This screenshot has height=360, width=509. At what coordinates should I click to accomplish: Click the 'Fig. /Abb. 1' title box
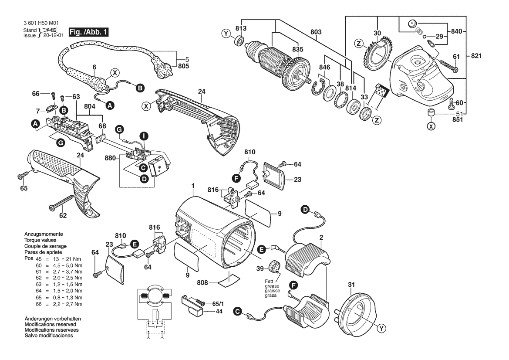click(x=88, y=32)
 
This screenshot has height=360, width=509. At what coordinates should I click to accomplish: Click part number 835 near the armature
click(x=298, y=49)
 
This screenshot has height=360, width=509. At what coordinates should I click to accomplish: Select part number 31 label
click(x=351, y=285)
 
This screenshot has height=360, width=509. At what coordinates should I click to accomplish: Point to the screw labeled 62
click(x=62, y=202)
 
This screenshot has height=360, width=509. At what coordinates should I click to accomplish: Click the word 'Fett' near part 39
click(x=269, y=282)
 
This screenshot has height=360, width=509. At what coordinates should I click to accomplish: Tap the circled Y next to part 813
click(x=226, y=34)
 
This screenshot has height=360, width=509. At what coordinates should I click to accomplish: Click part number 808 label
click(x=202, y=283)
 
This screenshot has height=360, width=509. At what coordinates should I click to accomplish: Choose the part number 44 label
click(x=219, y=311)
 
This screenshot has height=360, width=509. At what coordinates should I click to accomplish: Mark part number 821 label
click(x=476, y=56)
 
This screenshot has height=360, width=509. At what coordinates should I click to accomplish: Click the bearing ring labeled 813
click(x=239, y=41)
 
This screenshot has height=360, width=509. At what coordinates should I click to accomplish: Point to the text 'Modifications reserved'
click(x=51, y=324)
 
